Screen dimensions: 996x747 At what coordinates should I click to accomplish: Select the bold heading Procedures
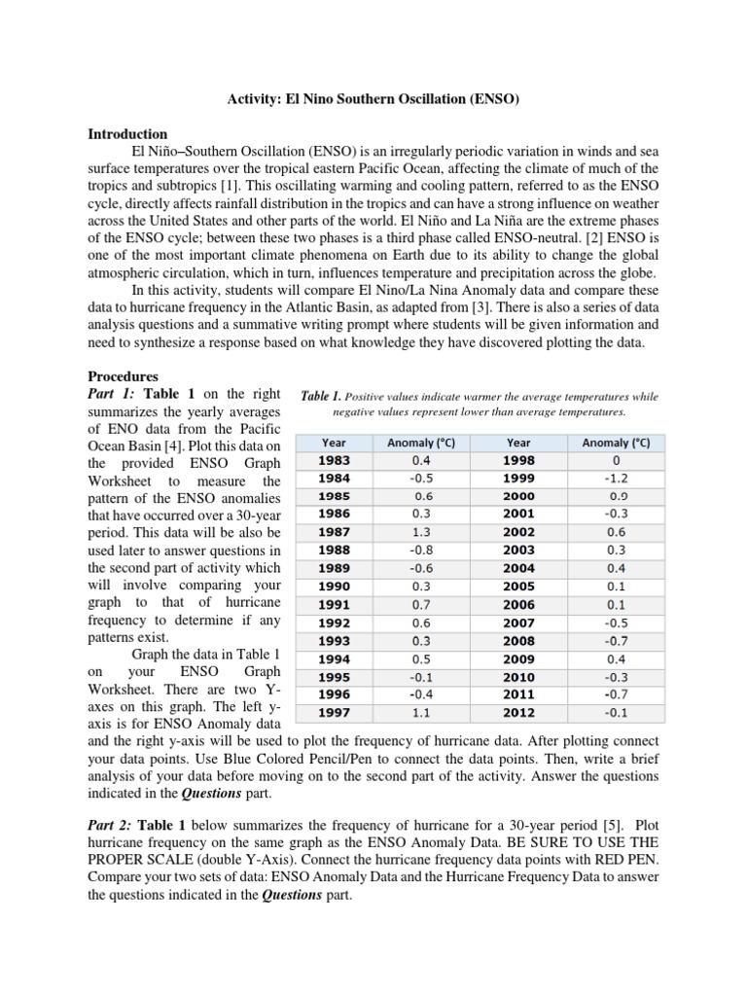tap(123, 376)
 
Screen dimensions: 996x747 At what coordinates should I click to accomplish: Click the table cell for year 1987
tap(334, 533)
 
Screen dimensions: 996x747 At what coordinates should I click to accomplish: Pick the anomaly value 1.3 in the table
tap(422, 533)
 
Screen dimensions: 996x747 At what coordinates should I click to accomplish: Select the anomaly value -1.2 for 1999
tap(617, 479)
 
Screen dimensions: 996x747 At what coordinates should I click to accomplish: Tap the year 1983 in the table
tap(334, 460)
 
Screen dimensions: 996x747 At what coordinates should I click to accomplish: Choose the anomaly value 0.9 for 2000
tap(617, 496)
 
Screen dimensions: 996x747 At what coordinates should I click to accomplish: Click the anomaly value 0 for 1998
tap(617, 460)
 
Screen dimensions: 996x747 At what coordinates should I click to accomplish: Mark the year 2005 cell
tap(518, 587)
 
